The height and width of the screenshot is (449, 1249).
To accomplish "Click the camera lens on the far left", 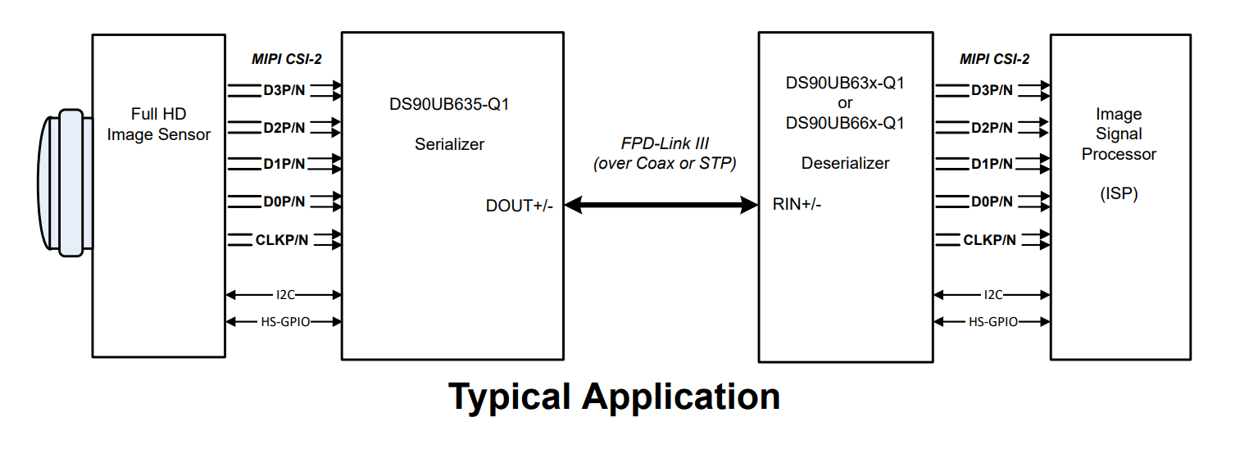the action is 65,183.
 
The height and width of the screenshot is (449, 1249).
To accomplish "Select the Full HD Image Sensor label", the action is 159,124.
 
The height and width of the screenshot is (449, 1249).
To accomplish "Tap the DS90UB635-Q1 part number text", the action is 449,104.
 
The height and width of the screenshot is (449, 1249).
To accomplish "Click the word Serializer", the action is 449,144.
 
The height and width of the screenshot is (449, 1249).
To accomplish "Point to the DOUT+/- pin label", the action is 519,206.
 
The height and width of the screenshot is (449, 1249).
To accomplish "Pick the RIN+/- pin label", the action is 797,204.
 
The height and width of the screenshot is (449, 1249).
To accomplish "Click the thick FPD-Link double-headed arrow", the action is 661,205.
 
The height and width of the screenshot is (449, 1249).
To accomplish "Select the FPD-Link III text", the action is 665,143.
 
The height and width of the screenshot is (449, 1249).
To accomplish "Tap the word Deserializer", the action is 845,163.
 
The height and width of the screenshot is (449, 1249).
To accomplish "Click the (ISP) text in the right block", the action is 1119,193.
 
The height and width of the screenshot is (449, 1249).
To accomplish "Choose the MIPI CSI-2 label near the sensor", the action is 287,59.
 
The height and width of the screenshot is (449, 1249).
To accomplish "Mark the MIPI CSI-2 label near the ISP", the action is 994,59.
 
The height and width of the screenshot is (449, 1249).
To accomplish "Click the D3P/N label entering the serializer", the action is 284,90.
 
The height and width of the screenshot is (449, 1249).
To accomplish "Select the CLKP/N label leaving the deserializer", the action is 990,240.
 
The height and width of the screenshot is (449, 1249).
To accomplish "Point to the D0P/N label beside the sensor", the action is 284,202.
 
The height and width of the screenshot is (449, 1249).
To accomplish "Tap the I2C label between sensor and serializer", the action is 285,294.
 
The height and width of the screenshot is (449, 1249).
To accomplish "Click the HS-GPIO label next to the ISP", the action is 993,322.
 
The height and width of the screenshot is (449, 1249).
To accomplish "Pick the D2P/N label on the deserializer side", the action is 992,128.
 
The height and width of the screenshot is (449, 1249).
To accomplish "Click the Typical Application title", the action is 615,397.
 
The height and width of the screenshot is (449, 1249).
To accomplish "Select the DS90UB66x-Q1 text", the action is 845,123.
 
